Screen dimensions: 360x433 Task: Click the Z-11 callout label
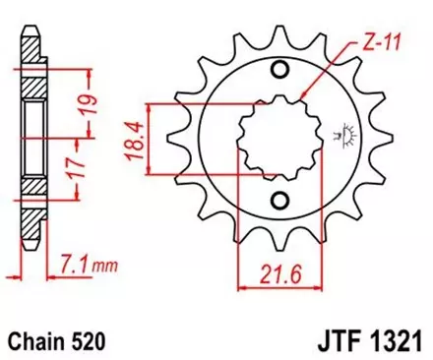(x=369, y=44)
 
